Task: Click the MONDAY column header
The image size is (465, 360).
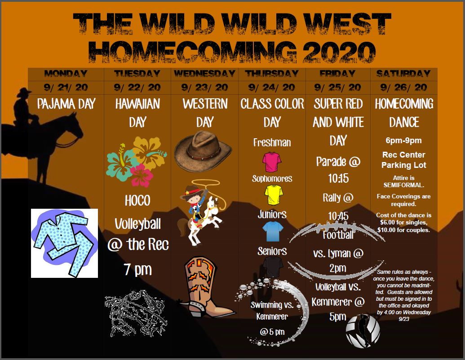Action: (66, 74)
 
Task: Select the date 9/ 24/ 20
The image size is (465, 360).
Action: (272, 88)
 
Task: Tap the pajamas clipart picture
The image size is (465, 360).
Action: (65, 243)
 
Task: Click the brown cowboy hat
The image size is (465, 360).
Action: (203, 151)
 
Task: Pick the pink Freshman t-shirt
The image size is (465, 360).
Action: (272, 162)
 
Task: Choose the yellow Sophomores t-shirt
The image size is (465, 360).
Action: (274, 195)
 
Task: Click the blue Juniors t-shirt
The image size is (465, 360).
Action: (273, 232)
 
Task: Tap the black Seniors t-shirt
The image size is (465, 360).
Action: (273, 267)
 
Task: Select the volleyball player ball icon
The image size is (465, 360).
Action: (363, 331)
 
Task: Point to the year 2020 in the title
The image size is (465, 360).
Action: (339, 52)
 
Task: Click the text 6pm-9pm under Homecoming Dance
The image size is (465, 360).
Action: (403, 140)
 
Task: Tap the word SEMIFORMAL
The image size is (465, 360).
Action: (403, 185)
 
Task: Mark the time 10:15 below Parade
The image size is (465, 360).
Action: (338, 178)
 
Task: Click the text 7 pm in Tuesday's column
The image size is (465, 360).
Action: (138, 270)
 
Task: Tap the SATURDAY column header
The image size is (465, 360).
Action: (403, 74)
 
